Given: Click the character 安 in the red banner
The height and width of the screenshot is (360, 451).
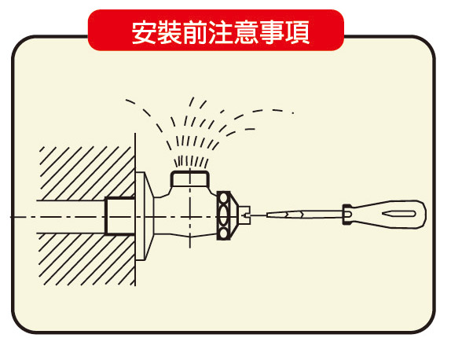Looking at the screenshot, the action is [145, 32].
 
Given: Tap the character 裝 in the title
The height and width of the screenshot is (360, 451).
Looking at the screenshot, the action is [170, 32].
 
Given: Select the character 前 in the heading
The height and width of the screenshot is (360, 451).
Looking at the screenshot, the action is [195, 32].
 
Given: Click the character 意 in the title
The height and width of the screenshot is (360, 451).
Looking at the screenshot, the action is [246, 32].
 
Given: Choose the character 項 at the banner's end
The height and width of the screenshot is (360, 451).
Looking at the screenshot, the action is [297, 32].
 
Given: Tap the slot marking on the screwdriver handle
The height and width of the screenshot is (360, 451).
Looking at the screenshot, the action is [399, 214].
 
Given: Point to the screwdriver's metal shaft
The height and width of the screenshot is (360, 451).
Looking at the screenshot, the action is [304, 215].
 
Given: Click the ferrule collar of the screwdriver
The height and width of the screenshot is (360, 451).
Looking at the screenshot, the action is [346, 215].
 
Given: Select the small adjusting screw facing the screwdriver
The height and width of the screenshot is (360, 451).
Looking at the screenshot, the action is [245, 215].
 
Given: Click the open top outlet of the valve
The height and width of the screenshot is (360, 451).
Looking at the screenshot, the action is [190, 178].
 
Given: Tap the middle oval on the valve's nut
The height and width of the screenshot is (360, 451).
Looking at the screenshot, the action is [223, 215].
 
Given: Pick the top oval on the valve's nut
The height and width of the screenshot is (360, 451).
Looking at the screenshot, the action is [223, 198].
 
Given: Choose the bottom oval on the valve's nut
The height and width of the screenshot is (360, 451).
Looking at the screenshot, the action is [223, 233].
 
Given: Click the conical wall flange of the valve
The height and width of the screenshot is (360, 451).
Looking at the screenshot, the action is [145, 216].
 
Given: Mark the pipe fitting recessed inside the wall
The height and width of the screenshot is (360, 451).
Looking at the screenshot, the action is [119, 215].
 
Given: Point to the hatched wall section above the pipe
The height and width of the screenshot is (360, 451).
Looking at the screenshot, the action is [86, 173].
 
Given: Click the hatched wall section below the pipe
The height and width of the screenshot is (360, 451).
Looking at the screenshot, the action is [86, 259].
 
